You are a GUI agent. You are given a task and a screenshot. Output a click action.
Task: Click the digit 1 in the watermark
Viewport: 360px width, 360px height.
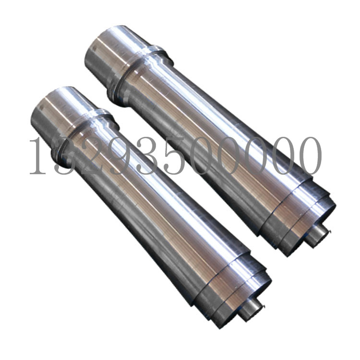pos(38,156)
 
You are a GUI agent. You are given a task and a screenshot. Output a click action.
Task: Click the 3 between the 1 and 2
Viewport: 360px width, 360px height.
pos(64,156)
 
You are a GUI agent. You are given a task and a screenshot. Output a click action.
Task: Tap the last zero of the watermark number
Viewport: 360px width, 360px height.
pos(308,156)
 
